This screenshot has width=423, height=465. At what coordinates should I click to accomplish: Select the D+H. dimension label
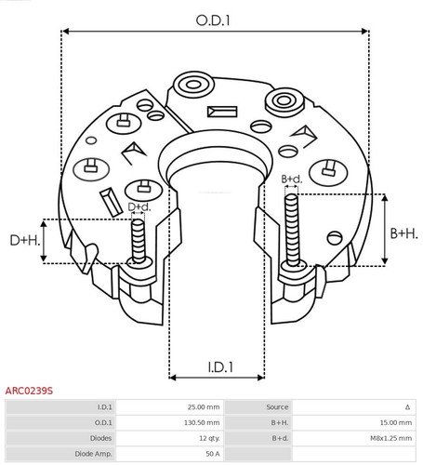click(23, 241)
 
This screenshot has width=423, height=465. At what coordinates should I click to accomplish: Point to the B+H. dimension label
click(403, 233)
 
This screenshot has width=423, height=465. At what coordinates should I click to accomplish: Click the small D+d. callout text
click(139, 206)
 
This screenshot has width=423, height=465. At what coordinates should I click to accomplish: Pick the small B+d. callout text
click(291, 179)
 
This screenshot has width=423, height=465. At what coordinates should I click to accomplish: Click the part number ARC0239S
click(30, 392)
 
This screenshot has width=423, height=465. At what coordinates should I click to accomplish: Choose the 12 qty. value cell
click(206, 437)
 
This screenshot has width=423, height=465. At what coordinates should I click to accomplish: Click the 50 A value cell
click(211, 453)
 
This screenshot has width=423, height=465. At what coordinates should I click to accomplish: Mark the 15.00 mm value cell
click(391, 422)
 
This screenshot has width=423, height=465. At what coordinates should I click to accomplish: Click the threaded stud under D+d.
click(139, 239)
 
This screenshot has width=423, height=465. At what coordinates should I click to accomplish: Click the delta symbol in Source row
click(407, 407)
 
